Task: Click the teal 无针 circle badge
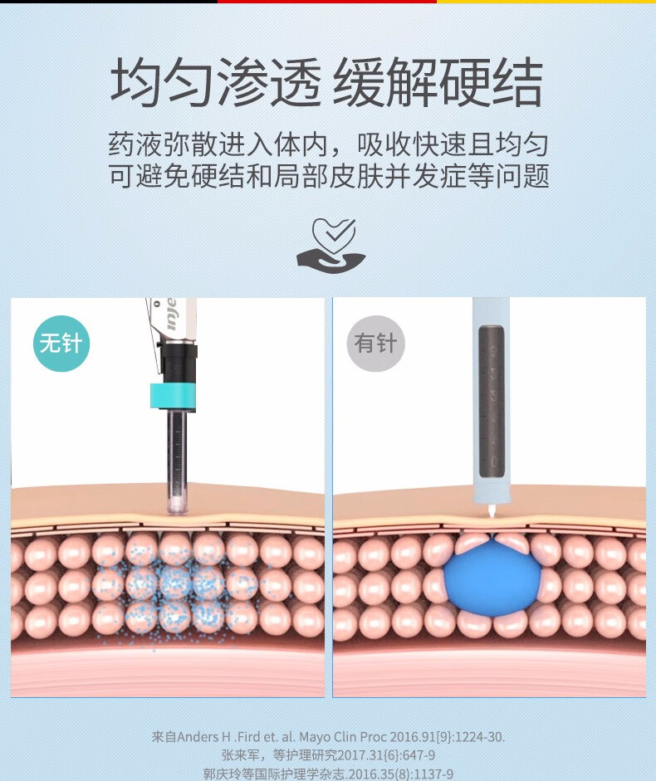pos(61,343)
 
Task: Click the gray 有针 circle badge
pos(375,343)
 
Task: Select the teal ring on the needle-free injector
pos(173,395)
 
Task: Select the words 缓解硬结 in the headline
pos(438,83)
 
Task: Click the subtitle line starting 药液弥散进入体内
pos(328,145)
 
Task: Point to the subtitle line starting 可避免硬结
pos(328,177)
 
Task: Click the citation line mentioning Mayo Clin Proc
pos(328,736)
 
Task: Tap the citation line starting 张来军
pos(328,754)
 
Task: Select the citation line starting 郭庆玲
pos(328,774)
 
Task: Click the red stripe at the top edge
pos(327,2)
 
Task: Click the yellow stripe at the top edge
pos(546,2)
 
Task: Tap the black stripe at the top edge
pos(108,2)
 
